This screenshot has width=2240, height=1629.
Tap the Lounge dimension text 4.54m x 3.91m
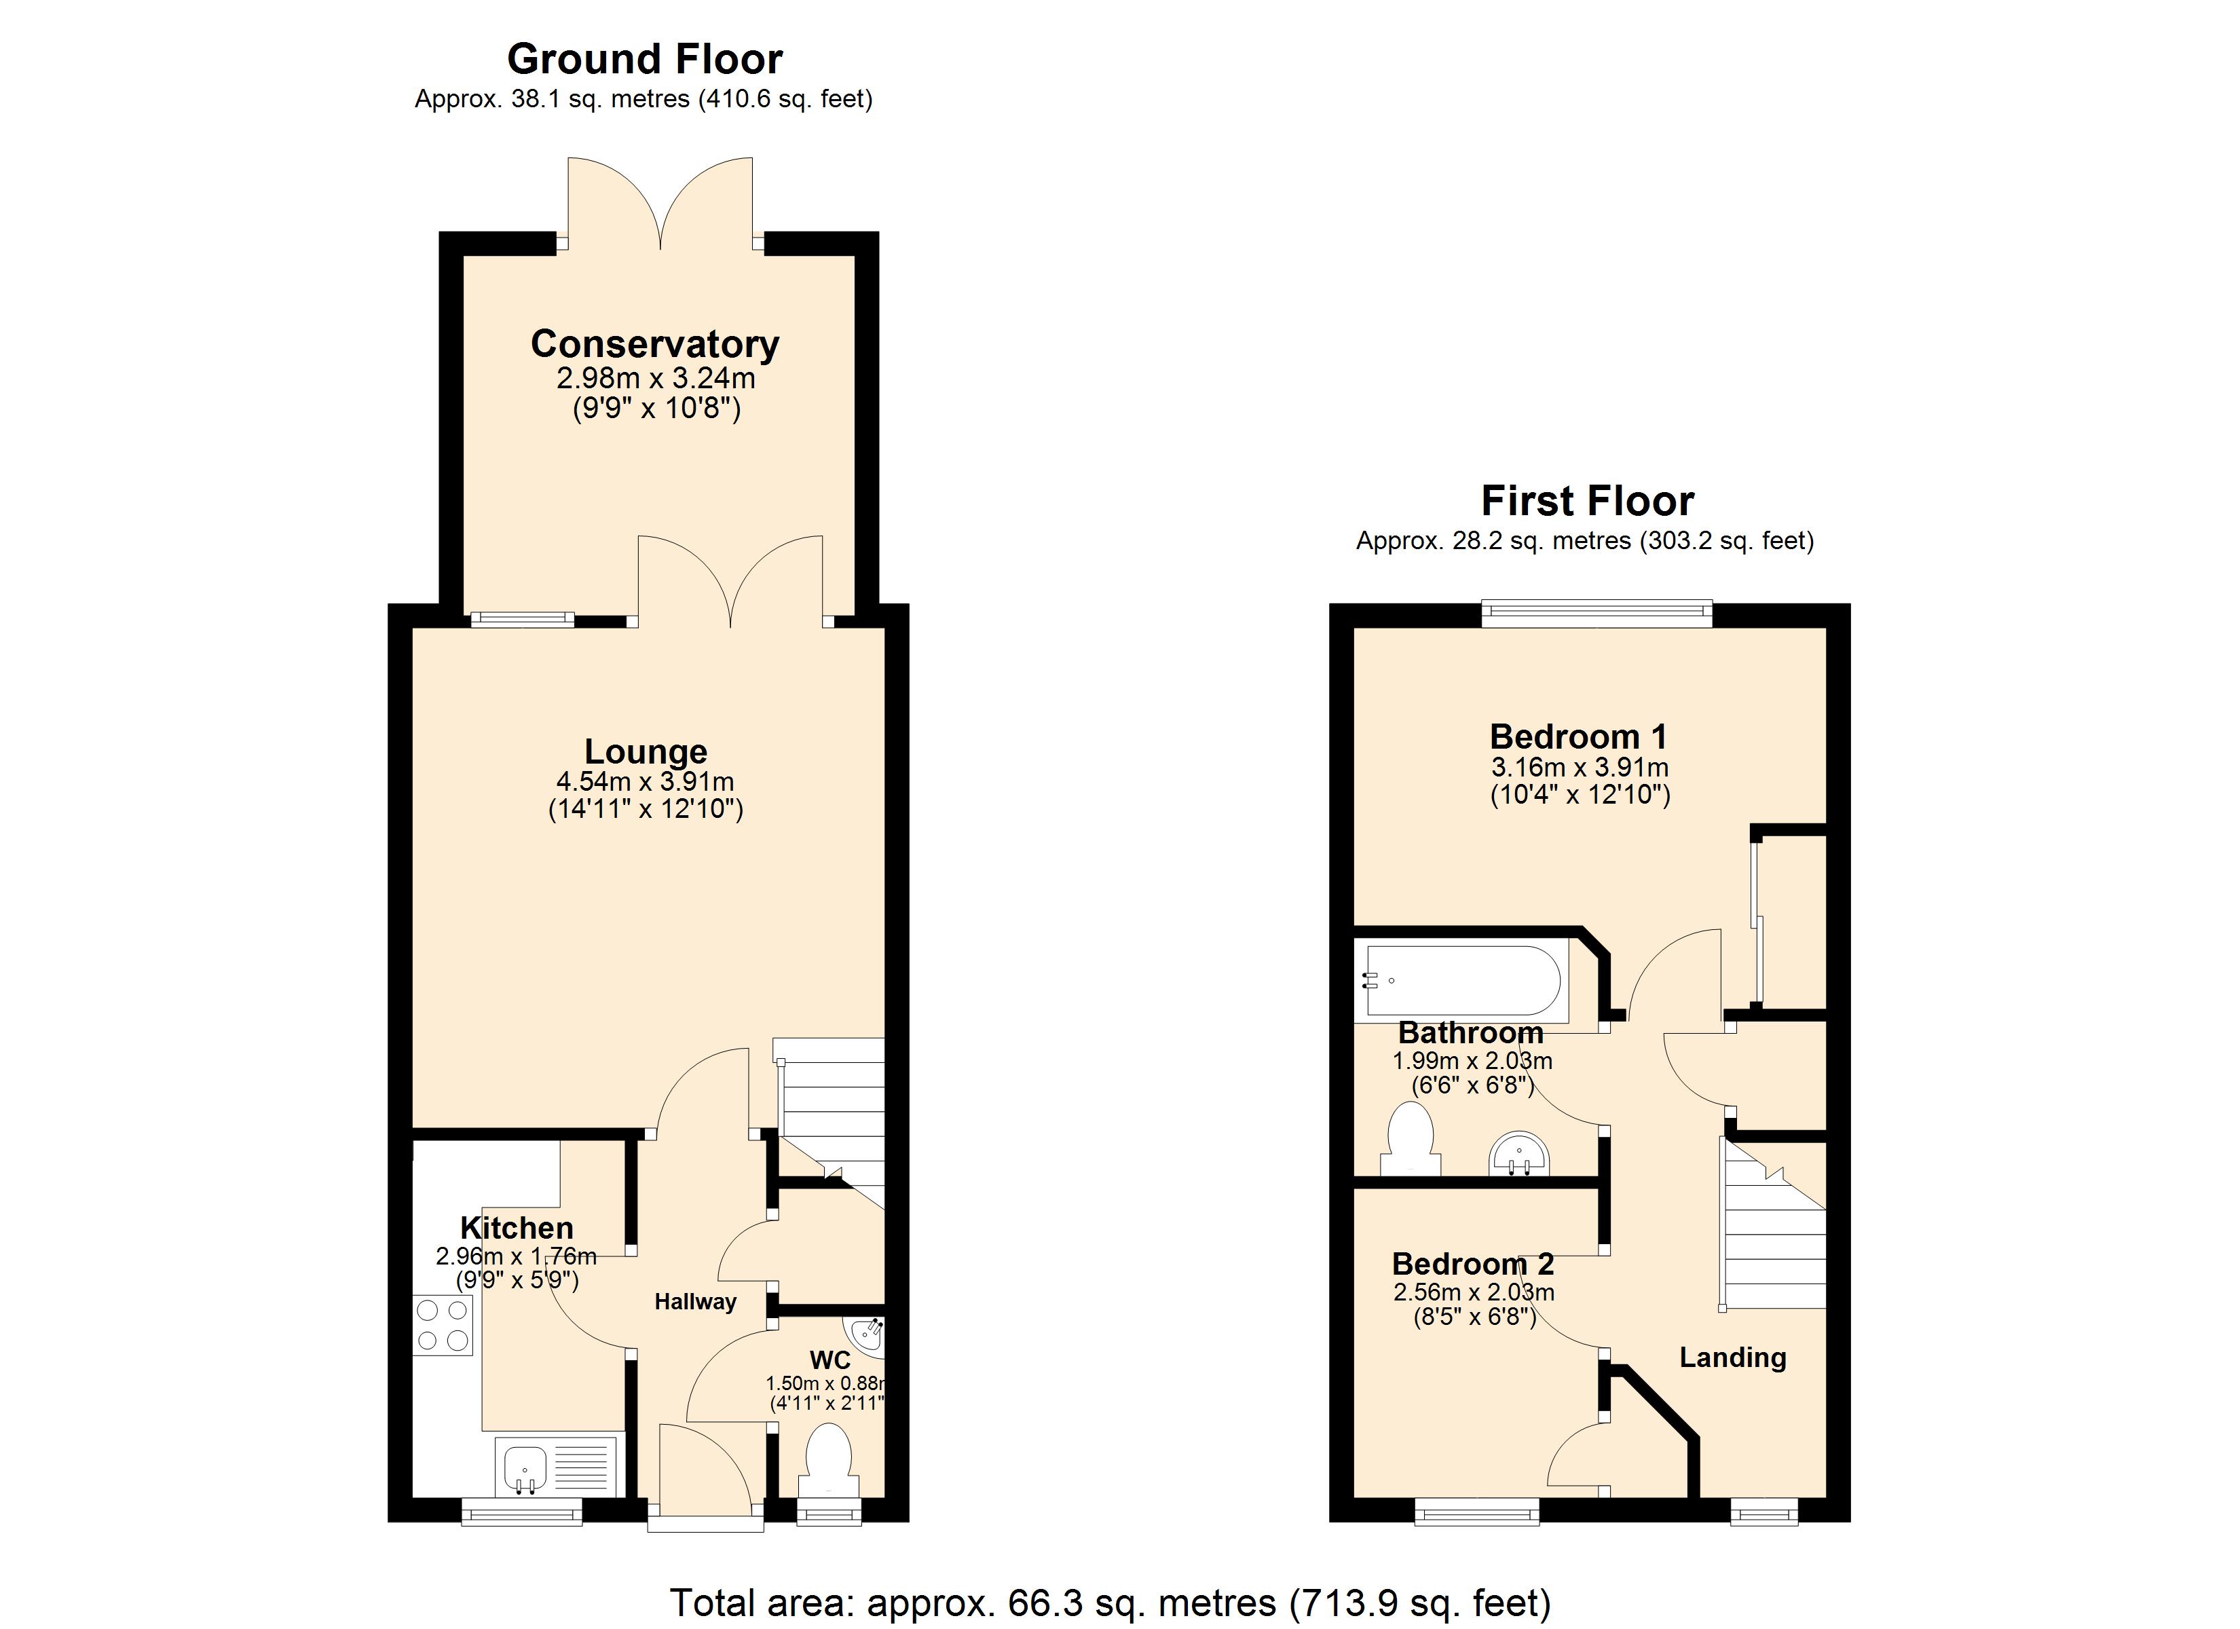645,781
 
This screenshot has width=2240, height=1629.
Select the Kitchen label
517,1228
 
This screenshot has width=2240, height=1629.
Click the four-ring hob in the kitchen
443,1325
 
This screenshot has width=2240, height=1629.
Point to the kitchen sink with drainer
558,1467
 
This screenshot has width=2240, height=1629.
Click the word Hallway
695,1302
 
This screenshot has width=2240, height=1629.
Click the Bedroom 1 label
1578,737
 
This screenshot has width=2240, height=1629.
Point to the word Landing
1732,1357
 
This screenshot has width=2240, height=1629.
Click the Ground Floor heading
644,59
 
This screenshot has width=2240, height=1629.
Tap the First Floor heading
1587,501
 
